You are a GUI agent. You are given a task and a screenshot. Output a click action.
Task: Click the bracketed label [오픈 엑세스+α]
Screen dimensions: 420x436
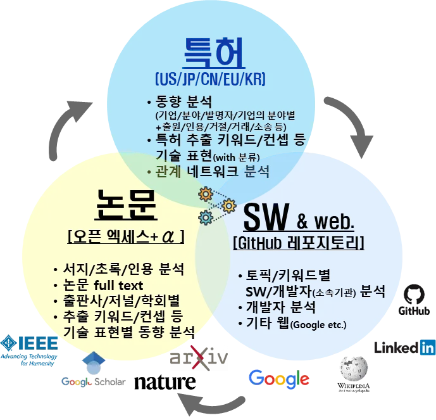[x=125, y=236]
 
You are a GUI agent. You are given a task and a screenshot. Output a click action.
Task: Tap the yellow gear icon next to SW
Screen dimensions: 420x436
[x=228, y=205]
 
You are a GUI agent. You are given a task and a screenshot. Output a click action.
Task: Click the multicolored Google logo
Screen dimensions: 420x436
[x=278, y=378]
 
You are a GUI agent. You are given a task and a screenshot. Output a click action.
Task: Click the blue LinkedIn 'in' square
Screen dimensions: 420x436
[x=428, y=347]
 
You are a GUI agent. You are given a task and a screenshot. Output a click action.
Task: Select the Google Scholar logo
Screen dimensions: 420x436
[x=94, y=374]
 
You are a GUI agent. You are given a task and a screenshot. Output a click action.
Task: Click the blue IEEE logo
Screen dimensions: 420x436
[x=30, y=347]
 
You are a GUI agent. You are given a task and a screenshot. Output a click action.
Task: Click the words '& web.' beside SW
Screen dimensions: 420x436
[x=324, y=222]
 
